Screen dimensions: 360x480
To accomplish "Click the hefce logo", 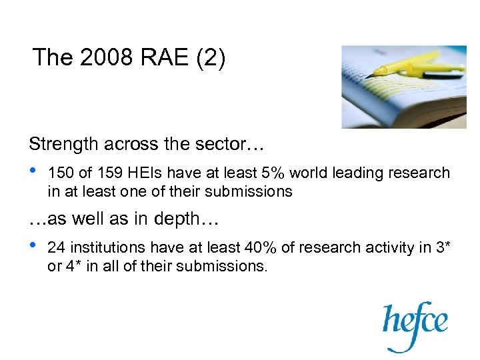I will (415, 324).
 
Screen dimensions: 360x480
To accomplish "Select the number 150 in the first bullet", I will (61, 173).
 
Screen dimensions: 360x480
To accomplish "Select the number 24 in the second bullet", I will (56, 248).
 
